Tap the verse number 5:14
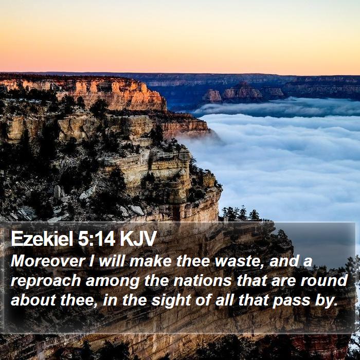click(x=97, y=239)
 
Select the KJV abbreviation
click(x=138, y=239)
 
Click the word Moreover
click(x=48, y=261)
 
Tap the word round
click(x=324, y=281)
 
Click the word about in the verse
click(x=33, y=300)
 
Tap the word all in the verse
click(x=224, y=300)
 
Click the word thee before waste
click(x=192, y=261)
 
